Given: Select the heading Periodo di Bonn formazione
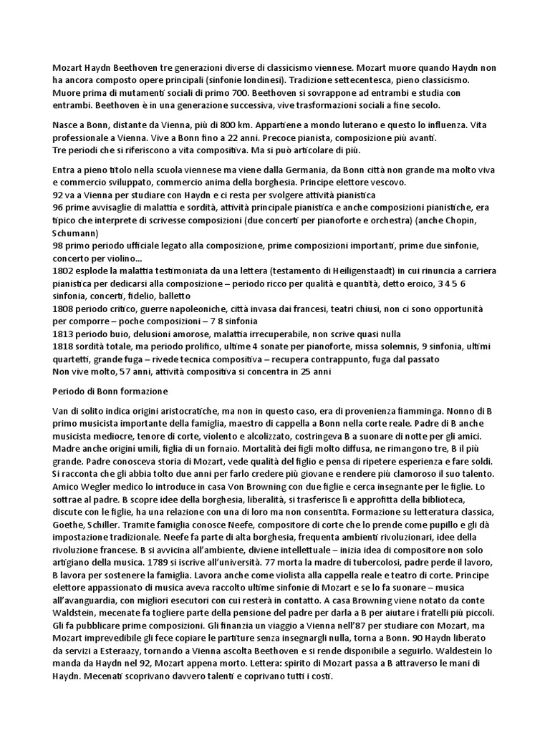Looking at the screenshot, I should click(110, 392).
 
